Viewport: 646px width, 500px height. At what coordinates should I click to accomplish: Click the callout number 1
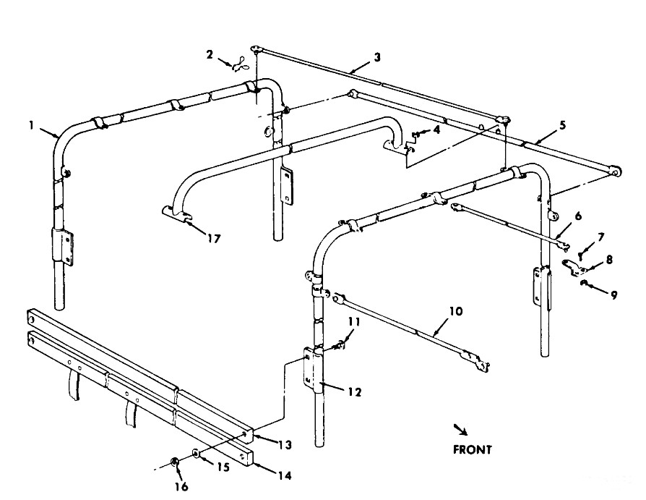(x=32, y=125)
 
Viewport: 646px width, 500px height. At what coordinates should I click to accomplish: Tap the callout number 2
(x=210, y=54)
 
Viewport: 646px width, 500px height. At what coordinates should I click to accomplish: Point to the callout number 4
(x=436, y=130)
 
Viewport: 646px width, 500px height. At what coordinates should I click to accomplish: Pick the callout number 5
(x=562, y=124)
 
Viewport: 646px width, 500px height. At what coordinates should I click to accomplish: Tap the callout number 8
(x=610, y=258)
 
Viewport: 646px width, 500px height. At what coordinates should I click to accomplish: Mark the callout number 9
(x=613, y=295)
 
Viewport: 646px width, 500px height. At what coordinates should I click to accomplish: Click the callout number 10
(x=455, y=312)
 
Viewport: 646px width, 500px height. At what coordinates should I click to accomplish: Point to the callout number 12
(x=353, y=392)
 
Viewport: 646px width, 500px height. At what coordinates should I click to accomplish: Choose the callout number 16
(x=181, y=486)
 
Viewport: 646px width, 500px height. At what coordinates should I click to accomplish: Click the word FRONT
(x=472, y=449)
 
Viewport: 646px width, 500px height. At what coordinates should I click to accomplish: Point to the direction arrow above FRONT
(x=460, y=429)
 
